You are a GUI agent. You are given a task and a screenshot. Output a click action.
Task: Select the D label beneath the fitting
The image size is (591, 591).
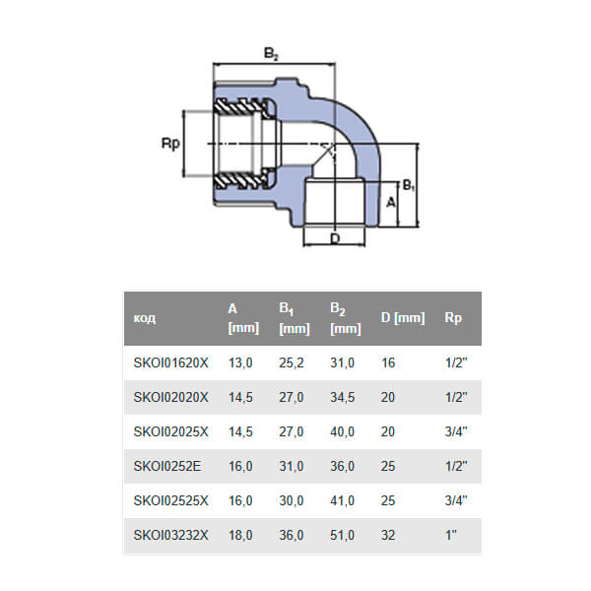pos(335,238)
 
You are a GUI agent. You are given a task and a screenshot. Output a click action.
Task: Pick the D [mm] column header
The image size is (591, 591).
pos(402,318)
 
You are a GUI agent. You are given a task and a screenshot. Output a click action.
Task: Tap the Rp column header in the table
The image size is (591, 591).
pos(453,318)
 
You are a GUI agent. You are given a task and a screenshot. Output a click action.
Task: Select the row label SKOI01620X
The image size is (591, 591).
pos(171,363)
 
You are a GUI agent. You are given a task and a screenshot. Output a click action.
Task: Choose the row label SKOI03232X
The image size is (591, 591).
pos(171,533)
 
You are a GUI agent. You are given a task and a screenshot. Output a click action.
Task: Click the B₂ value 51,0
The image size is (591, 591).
pos(342,533)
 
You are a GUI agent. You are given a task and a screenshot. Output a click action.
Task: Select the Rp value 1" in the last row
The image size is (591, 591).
pos(452,533)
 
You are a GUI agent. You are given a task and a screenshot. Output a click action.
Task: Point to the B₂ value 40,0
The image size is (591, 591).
pos(342,431)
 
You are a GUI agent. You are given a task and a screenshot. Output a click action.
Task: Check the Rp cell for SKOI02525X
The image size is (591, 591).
pos(455,499)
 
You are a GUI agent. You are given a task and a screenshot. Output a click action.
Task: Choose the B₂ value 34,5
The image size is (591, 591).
pos(342,398)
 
